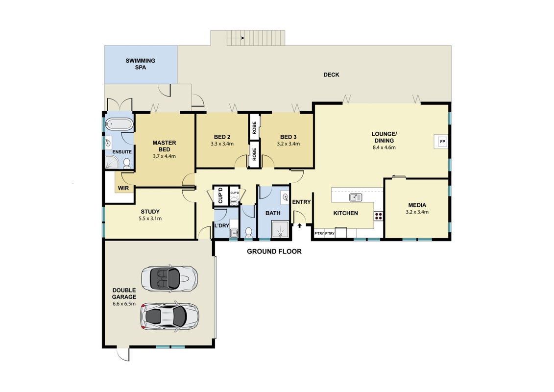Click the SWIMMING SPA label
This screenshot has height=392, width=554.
[x=140, y=64]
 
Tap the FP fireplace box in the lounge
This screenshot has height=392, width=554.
[x=442, y=142]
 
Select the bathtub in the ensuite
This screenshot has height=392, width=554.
[x=120, y=124]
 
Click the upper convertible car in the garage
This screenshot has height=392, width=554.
[x=169, y=278]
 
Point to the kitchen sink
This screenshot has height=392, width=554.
[x=356, y=197]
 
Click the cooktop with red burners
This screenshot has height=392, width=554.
[x=379, y=216]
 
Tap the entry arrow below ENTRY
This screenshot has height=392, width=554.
[x=300, y=225]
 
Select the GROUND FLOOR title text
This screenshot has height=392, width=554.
[x=274, y=251]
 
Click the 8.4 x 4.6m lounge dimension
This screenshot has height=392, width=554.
[x=384, y=147]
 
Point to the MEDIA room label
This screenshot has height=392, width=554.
[x=417, y=205]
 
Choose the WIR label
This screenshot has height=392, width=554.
[x=123, y=188]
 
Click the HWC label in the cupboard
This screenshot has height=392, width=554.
[x=234, y=202]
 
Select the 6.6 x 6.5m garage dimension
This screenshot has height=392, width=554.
[x=124, y=304]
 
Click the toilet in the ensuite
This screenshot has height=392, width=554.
[x=126, y=163]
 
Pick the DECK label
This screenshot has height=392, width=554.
[x=331, y=74]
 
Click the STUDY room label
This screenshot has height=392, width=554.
[x=150, y=212]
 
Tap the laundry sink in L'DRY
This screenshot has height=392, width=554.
[x=234, y=233]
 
